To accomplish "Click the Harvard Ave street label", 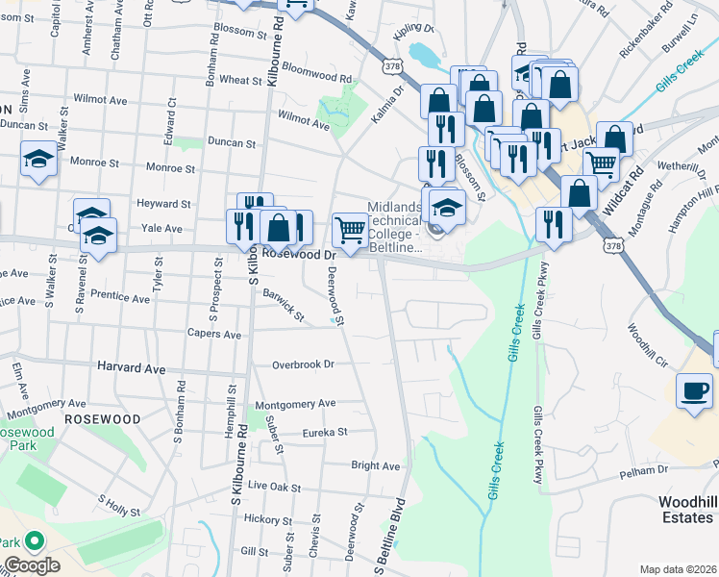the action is [x=132, y=368].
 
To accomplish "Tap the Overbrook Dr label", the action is [x=302, y=364].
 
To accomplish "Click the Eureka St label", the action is [x=324, y=433].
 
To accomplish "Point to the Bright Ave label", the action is [x=375, y=465].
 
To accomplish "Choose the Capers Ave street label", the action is [x=220, y=335].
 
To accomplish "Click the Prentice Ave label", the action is [x=119, y=299].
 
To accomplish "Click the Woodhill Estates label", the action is [x=686, y=510].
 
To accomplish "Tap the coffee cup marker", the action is [x=694, y=390].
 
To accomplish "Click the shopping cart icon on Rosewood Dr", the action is [x=350, y=230].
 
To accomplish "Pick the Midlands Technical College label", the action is [x=395, y=228].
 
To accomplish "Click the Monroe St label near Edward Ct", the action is [x=170, y=167].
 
